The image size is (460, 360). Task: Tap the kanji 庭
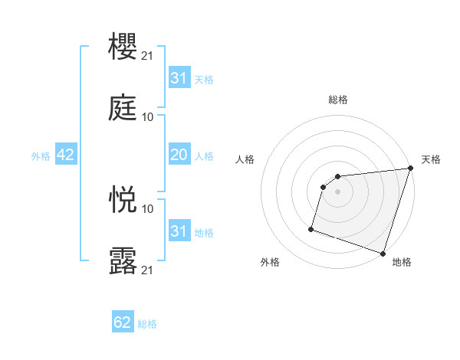click(x=123, y=107)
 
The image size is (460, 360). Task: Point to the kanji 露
click(x=123, y=260)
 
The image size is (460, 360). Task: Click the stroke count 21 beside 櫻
click(x=147, y=56)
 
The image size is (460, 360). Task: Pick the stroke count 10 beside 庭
click(x=147, y=117)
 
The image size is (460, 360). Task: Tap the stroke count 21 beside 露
click(x=147, y=270)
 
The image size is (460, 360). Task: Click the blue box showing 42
click(x=65, y=155)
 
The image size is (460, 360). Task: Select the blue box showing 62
click(x=123, y=322)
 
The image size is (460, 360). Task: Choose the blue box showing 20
click(x=179, y=155)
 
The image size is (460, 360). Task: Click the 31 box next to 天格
click(x=179, y=78)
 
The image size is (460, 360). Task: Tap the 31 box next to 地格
click(x=179, y=231)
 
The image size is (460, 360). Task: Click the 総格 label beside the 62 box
click(x=147, y=324)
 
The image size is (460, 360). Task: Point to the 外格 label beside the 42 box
click(x=41, y=156)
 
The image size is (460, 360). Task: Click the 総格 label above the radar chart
click(x=338, y=100)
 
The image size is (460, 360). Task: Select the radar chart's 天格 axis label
click(x=431, y=159)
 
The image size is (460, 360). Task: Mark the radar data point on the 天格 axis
click(x=410, y=169)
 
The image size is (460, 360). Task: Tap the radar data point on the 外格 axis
click(x=311, y=228)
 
